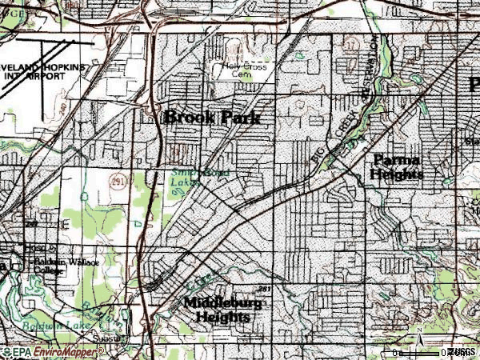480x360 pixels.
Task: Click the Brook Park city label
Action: (x=212, y=117)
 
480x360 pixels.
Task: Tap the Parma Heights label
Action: (x=397, y=167)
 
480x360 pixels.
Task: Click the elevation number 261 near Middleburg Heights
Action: (x=265, y=288)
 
